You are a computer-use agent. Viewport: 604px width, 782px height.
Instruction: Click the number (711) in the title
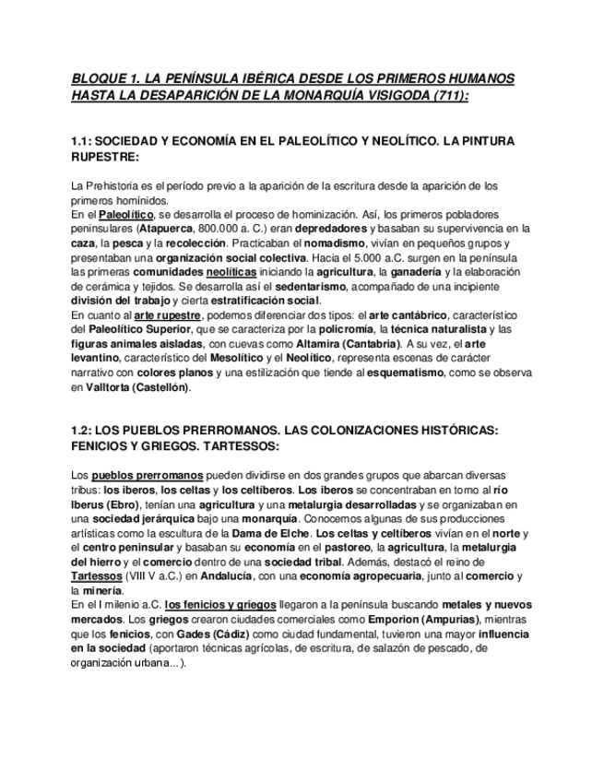coord(447,95)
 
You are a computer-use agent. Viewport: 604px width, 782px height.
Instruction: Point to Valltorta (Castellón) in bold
coord(137,387)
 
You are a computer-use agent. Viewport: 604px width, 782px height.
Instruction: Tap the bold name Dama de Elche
coord(272,534)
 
